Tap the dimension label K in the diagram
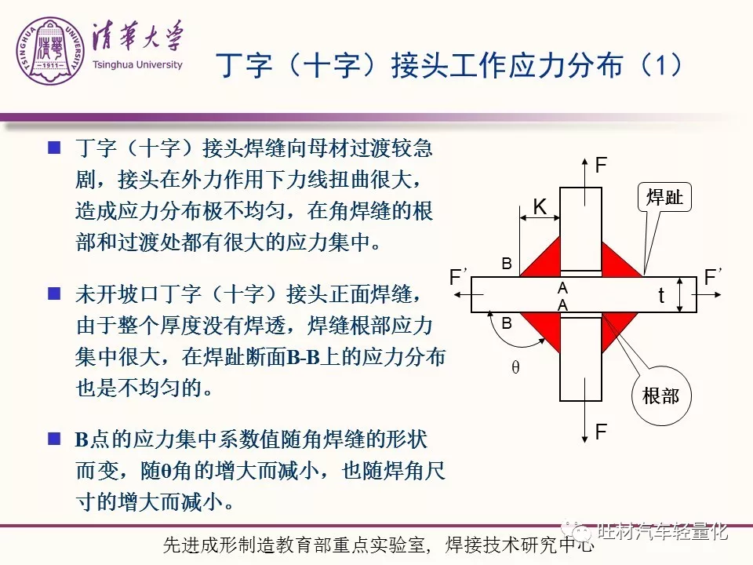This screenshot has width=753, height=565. pyautogui.click(x=540, y=206)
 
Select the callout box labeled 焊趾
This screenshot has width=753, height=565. pyautogui.click(x=664, y=197)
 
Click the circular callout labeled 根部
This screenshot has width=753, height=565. pyautogui.click(x=661, y=395)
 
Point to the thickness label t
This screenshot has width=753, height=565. pyautogui.click(x=661, y=295)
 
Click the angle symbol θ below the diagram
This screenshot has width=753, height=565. pyautogui.click(x=515, y=367)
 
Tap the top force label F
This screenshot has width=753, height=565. pyautogui.click(x=602, y=166)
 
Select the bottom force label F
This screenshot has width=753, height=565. pyautogui.click(x=602, y=432)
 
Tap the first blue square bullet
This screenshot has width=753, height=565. pyautogui.click(x=54, y=147)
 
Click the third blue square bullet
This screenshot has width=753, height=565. pyautogui.click(x=54, y=439)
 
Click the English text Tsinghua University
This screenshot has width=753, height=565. pyautogui.click(x=137, y=64)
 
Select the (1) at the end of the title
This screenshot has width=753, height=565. pyautogui.click(x=661, y=64)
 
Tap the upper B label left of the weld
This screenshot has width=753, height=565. pyautogui.click(x=507, y=264)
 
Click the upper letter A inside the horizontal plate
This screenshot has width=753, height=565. pyautogui.click(x=563, y=288)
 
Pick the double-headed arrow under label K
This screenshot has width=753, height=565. pyautogui.click(x=540, y=218)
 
